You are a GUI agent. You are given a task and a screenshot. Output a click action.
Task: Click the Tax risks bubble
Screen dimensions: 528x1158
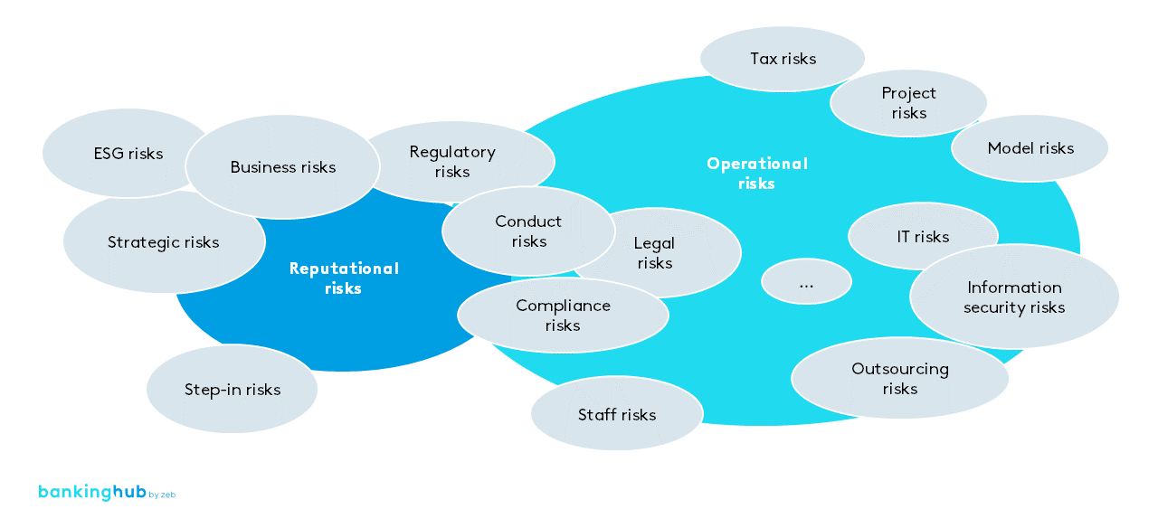point(783,59)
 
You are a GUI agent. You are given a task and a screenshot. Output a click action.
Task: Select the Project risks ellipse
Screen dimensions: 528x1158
point(908,103)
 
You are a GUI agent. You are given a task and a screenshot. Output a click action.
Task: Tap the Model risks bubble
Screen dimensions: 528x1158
point(1030,148)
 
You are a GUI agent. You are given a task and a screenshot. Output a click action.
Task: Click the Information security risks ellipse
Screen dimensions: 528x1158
point(1014,297)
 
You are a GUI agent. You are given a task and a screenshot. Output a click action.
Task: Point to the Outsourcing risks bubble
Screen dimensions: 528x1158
point(899,379)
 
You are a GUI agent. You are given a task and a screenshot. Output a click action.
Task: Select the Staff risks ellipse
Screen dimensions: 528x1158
point(617,415)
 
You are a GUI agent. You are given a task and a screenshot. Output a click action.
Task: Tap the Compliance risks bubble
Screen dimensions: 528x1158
point(563,316)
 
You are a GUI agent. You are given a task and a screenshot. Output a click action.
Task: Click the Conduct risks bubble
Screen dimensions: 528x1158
point(528,231)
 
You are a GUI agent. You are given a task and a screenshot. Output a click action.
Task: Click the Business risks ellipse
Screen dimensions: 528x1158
point(282,167)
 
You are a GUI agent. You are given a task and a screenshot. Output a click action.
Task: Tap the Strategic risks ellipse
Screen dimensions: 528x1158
point(163,242)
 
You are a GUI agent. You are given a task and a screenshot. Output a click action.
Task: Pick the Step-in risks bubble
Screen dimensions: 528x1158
point(233,390)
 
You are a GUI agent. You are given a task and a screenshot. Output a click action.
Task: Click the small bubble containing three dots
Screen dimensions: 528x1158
point(806,283)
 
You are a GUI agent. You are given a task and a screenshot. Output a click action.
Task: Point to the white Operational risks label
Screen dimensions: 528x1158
point(757,174)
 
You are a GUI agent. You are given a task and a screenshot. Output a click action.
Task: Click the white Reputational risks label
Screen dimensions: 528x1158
point(344,278)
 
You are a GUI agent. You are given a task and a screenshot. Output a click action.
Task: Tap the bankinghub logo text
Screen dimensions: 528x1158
point(91,492)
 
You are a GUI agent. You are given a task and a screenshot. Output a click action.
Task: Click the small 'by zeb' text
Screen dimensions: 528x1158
point(162,495)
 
